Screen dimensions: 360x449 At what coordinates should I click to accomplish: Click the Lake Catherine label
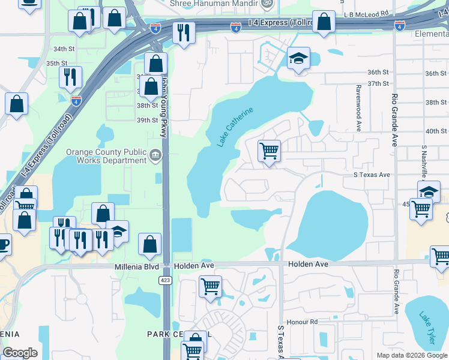tap(235, 126)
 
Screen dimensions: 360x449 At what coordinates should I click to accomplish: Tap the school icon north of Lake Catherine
tap(298, 59)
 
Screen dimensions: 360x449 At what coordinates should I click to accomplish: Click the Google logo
tap(20, 353)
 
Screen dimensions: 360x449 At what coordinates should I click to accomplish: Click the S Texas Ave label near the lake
tap(372, 175)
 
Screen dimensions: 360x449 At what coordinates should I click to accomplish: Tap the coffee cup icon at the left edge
tap(3, 244)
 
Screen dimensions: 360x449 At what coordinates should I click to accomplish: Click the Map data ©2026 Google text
tap(412, 355)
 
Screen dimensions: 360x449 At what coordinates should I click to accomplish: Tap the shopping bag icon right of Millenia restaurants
tap(149, 244)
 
